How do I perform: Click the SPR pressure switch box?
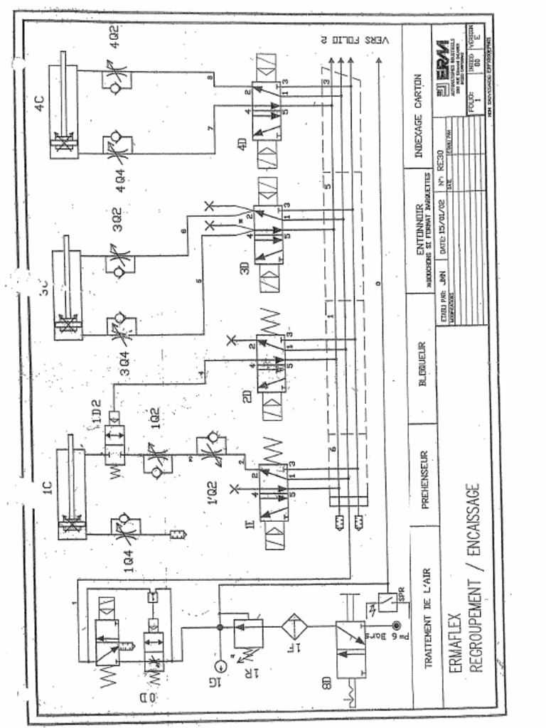click(385, 603)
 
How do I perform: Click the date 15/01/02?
click(445, 225)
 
